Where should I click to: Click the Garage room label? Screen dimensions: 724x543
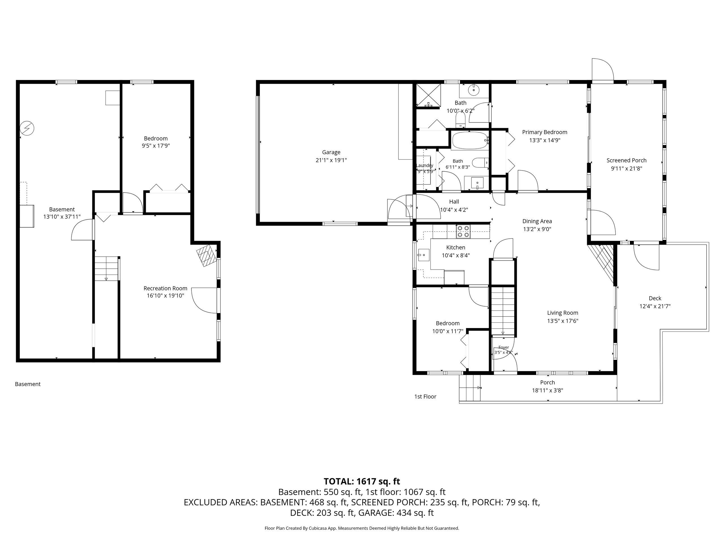click(331, 152)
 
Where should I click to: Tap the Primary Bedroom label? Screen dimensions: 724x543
click(545, 132)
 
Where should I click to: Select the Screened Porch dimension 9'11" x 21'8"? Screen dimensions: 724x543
click(626, 169)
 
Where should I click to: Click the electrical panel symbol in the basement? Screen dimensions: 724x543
click(27, 128)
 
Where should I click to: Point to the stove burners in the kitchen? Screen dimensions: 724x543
click(463, 231)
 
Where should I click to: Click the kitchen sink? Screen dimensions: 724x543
click(424, 254)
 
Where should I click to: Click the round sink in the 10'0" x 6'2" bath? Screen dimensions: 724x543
click(474, 90)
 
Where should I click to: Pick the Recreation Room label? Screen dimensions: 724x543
click(165, 288)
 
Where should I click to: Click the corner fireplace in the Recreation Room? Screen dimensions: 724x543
click(206, 256)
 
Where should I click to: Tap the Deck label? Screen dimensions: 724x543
click(655, 298)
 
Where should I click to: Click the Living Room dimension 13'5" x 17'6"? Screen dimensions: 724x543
click(563, 321)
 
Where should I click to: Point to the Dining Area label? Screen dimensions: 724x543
click(537, 221)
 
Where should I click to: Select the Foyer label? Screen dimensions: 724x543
click(504, 348)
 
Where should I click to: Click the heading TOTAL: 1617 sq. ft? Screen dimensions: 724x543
click(362, 481)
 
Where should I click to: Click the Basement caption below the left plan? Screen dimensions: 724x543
click(28, 384)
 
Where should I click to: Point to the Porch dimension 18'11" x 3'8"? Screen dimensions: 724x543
click(548, 391)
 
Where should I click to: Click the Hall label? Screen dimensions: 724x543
click(454, 202)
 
